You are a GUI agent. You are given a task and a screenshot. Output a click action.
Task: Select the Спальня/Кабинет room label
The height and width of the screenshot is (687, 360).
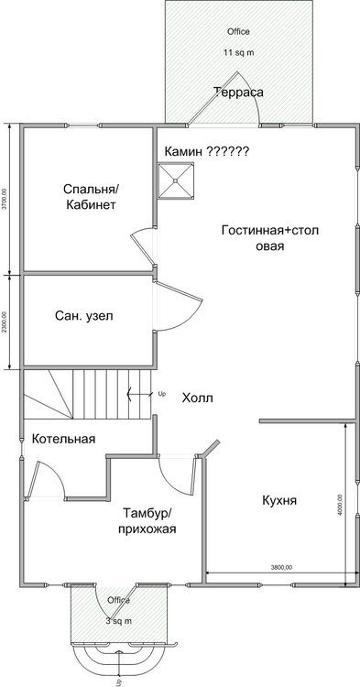[91, 197]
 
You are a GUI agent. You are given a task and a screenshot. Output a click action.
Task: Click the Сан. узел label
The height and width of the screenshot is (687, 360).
[84, 315]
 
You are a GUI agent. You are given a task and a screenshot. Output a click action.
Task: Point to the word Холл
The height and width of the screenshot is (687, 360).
[197, 398]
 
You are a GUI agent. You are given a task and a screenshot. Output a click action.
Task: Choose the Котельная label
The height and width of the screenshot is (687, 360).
[63, 439]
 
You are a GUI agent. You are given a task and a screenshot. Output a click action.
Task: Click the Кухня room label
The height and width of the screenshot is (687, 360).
[280, 500]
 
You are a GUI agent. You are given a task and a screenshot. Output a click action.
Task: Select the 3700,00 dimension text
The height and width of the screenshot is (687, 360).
[5, 199]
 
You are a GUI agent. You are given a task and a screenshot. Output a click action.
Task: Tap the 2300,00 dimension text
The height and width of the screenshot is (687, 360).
[5, 321]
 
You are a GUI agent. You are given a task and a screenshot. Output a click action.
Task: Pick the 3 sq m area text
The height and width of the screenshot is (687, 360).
[116, 621]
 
